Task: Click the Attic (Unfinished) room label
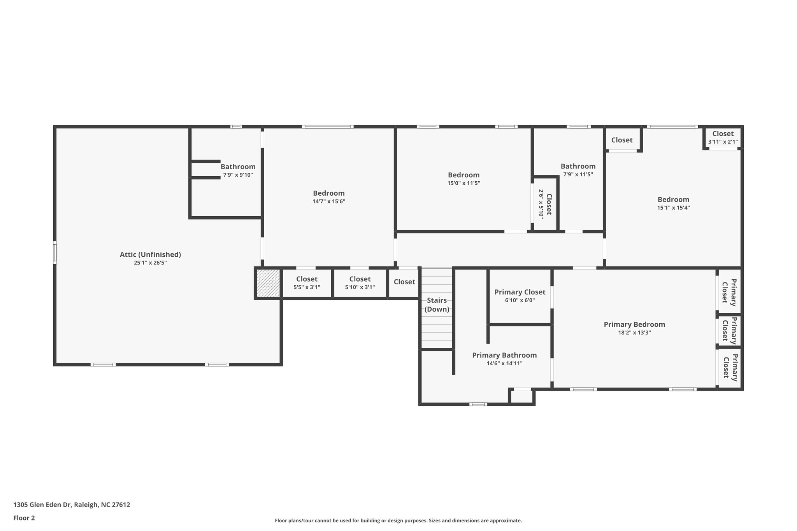[x=150, y=254]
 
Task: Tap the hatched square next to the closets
[x=268, y=283]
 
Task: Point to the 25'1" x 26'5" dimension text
[x=150, y=263]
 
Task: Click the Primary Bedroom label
[x=634, y=324]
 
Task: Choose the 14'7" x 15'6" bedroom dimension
[x=329, y=202]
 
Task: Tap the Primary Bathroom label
[x=504, y=355]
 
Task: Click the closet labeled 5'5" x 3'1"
[x=307, y=283]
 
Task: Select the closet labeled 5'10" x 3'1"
[x=360, y=283]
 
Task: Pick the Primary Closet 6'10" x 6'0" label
[x=520, y=296]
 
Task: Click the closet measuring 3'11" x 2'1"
[x=723, y=137]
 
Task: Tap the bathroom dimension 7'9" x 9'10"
[x=238, y=175]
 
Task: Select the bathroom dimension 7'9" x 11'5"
[x=578, y=175]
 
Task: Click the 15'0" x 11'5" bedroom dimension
[x=463, y=183]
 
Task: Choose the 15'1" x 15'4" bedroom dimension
[x=673, y=208]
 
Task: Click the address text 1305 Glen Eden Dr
[x=42, y=505]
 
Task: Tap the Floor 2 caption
[x=24, y=518]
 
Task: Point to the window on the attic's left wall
[x=55, y=252]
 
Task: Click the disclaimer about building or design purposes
[x=398, y=520]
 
